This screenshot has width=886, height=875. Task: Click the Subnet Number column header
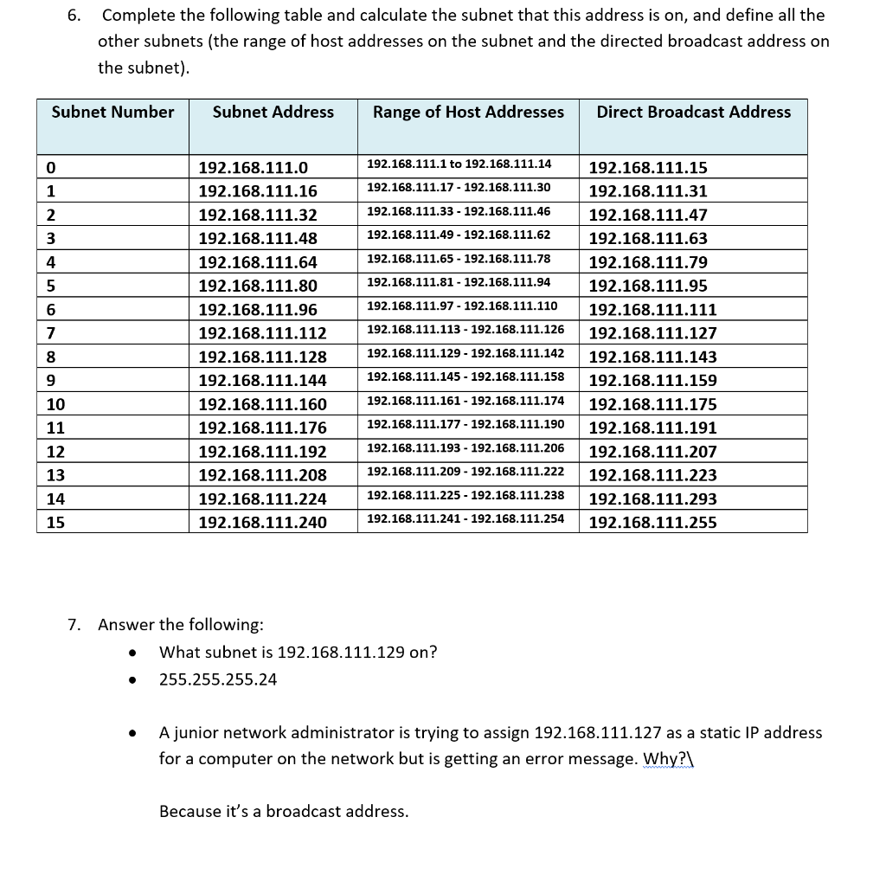(112, 112)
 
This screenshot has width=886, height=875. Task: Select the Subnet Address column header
(273, 112)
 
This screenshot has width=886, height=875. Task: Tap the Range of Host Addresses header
(468, 112)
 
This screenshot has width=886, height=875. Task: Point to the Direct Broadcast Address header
(693, 112)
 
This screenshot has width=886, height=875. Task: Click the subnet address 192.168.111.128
(263, 357)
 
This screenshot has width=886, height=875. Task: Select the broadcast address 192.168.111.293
(652, 499)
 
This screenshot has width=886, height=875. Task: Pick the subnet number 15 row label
(55, 522)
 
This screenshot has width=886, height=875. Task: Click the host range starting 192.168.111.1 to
(459, 164)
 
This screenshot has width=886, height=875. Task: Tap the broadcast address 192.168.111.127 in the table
(652, 333)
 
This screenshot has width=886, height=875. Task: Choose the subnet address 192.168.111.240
(263, 522)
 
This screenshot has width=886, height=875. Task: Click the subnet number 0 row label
(51, 167)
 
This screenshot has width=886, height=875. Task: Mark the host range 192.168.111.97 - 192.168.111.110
(462, 306)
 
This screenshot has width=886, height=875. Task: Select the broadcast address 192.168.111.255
(652, 522)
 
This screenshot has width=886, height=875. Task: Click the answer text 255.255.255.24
(218, 679)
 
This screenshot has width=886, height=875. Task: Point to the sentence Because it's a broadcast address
(284, 811)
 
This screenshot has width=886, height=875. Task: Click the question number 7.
(75, 625)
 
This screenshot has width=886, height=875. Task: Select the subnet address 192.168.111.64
(258, 262)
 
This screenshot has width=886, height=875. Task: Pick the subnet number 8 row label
(51, 357)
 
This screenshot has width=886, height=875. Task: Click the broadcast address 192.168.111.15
(647, 168)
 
